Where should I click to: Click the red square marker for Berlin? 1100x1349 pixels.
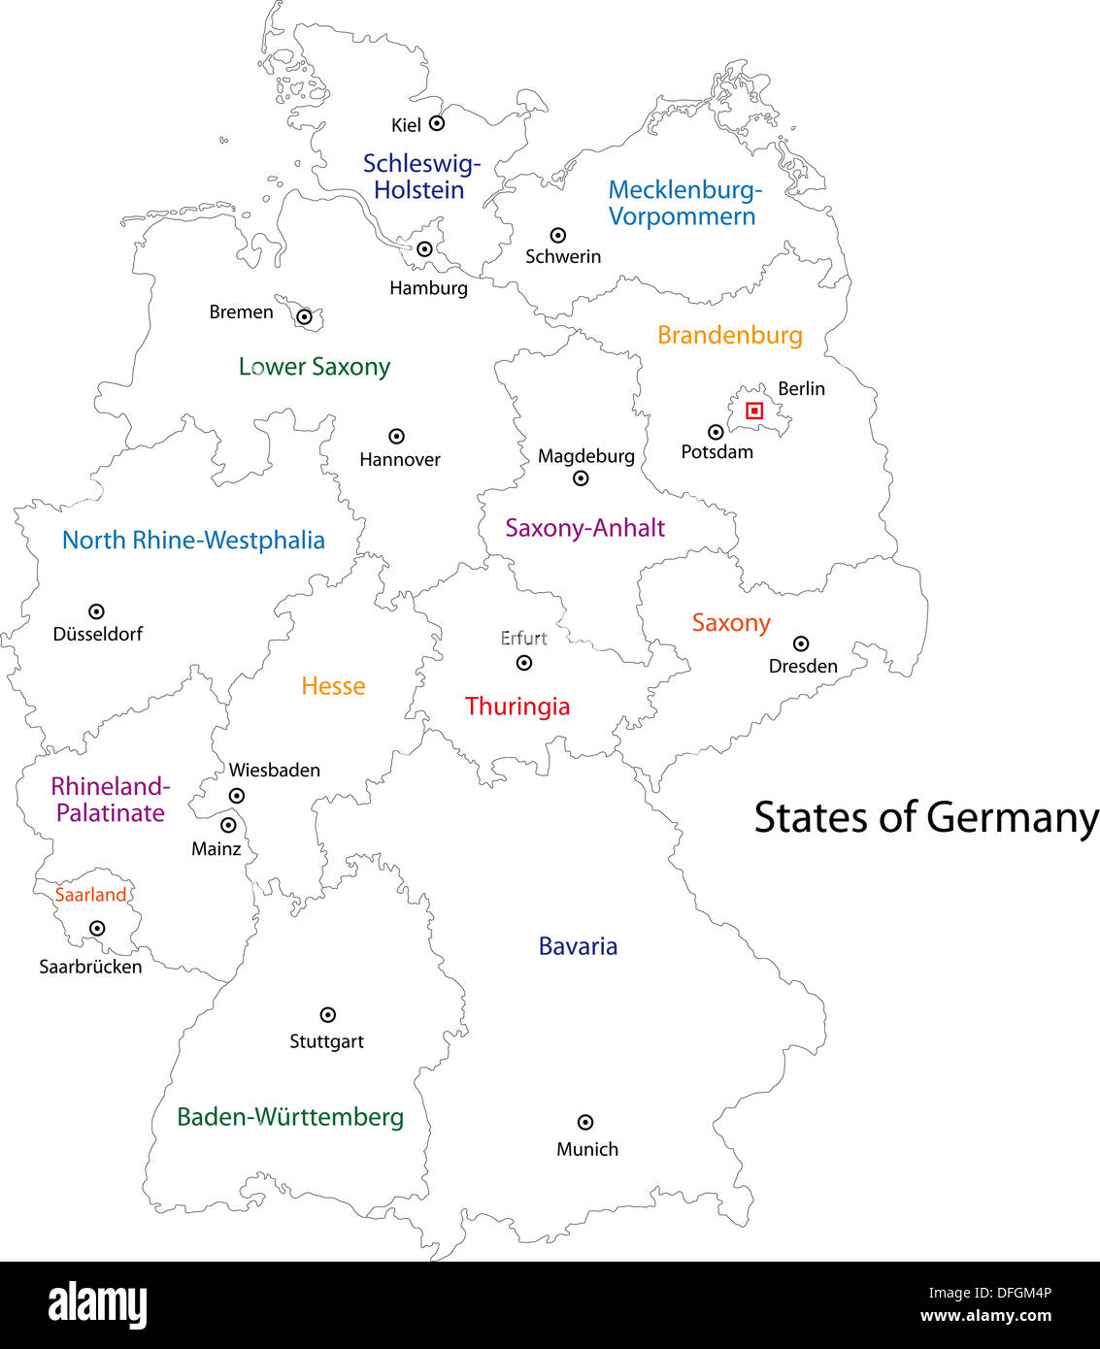[754, 411]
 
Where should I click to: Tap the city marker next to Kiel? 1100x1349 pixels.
[437, 123]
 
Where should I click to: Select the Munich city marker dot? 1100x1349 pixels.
[585, 1122]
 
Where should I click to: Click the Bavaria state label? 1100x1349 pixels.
[578, 946]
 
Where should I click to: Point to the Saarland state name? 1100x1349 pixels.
[90, 895]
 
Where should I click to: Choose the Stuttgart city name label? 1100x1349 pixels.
[326, 1041]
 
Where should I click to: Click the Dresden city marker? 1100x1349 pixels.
[801, 643]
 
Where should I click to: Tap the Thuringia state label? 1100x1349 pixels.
[517, 707]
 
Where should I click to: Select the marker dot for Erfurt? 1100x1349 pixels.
[524, 663]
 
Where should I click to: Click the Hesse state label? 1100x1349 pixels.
[333, 686]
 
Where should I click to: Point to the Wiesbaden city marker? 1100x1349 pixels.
[236, 796]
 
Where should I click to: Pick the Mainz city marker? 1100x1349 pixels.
[228, 825]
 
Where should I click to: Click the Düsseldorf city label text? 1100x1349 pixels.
[98, 634]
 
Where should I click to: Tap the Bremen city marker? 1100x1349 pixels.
[304, 316]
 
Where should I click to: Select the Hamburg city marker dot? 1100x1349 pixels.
[424, 249]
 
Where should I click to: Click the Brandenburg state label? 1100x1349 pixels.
[730, 336]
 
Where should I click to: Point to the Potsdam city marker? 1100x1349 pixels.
[716, 432]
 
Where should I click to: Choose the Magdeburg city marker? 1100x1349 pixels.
[581, 477]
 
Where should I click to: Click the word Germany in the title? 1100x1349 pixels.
[1013, 818]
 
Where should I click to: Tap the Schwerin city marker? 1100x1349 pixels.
[558, 235]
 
